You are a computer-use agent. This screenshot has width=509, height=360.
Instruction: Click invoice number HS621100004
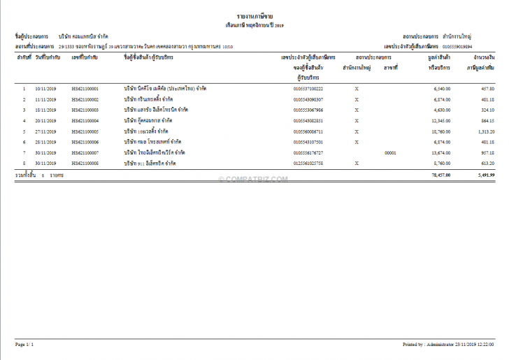click(x=85, y=121)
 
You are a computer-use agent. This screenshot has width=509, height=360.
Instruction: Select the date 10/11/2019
click(x=45, y=89)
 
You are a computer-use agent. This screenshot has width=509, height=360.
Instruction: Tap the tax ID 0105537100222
click(x=308, y=89)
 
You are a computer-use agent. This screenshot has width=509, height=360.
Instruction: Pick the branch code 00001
click(x=390, y=152)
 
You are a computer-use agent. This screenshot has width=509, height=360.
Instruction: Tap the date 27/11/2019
click(x=45, y=131)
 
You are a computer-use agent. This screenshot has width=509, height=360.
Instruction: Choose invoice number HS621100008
click(x=85, y=163)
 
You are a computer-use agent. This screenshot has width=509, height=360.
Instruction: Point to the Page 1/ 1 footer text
click(x=24, y=345)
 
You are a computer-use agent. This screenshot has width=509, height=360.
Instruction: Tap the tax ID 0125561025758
click(x=308, y=163)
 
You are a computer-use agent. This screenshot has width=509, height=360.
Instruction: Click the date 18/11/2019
click(x=45, y=110)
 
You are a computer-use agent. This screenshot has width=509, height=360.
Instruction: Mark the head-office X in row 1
click(x=357, y=89)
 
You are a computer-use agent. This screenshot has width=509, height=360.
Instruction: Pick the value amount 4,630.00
click(x=440, y=110)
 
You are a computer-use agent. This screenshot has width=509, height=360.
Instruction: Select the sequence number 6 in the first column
click(x=24, y=142)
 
